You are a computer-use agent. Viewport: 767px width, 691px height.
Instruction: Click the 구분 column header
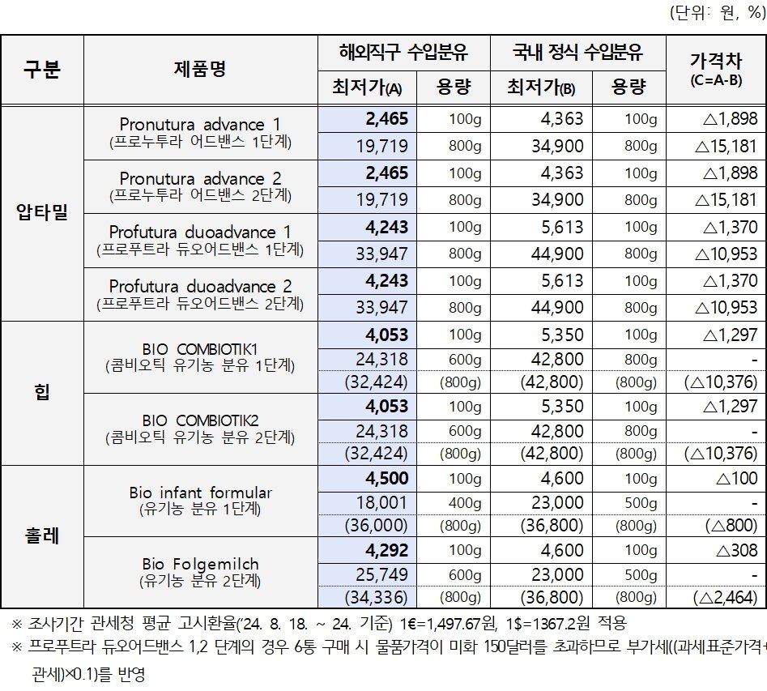point(42,70)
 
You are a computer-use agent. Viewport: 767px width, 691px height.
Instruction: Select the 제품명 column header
point(200,70)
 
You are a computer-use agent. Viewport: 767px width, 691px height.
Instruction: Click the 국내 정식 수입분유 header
point(577,53)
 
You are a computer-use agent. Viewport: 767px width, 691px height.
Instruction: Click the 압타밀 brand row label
point(42,212)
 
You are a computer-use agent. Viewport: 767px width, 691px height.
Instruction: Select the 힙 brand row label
point(42,393)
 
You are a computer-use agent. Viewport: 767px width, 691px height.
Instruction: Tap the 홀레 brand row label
point(42,536)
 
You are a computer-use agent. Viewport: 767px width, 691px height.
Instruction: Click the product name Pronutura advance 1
point(200,125)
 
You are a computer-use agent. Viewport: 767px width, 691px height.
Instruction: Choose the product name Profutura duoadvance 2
point(200,287)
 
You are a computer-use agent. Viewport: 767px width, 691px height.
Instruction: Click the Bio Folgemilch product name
point(200,563)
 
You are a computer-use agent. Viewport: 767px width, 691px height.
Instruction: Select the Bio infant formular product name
point(200,493)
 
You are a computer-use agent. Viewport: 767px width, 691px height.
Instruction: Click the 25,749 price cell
point(381,574)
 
